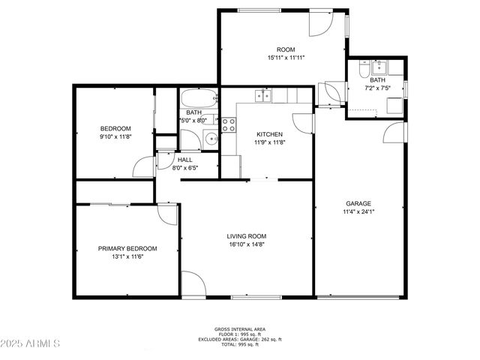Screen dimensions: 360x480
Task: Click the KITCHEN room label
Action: click(x=269, y=134)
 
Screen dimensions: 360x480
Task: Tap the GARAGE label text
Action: click(x=358, y=203)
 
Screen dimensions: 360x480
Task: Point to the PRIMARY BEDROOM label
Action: click(x=127, y=248)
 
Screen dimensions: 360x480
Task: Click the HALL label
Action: click(x=184, y=160)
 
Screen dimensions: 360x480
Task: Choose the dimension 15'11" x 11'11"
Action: click(x=286, y=56)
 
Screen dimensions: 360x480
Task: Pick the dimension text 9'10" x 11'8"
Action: click(x=116, y=136)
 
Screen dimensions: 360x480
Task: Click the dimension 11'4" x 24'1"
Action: click(x=358, y=211)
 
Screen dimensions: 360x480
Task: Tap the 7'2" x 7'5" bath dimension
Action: click(x=377, y=88)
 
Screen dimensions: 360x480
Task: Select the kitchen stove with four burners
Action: click(x=229, y=125)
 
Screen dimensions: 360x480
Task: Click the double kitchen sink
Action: click(x=262, y=95)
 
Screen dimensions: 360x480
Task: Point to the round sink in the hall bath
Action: click(x=211, y=138)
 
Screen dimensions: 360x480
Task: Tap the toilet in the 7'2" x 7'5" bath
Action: click(x=364, y=70)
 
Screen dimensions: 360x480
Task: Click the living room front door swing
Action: click(x=193, y=283)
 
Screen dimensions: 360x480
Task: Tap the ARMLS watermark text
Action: click(x=31, y=343)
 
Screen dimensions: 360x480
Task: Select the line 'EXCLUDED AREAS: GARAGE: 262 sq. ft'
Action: click(x=239, y=340)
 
